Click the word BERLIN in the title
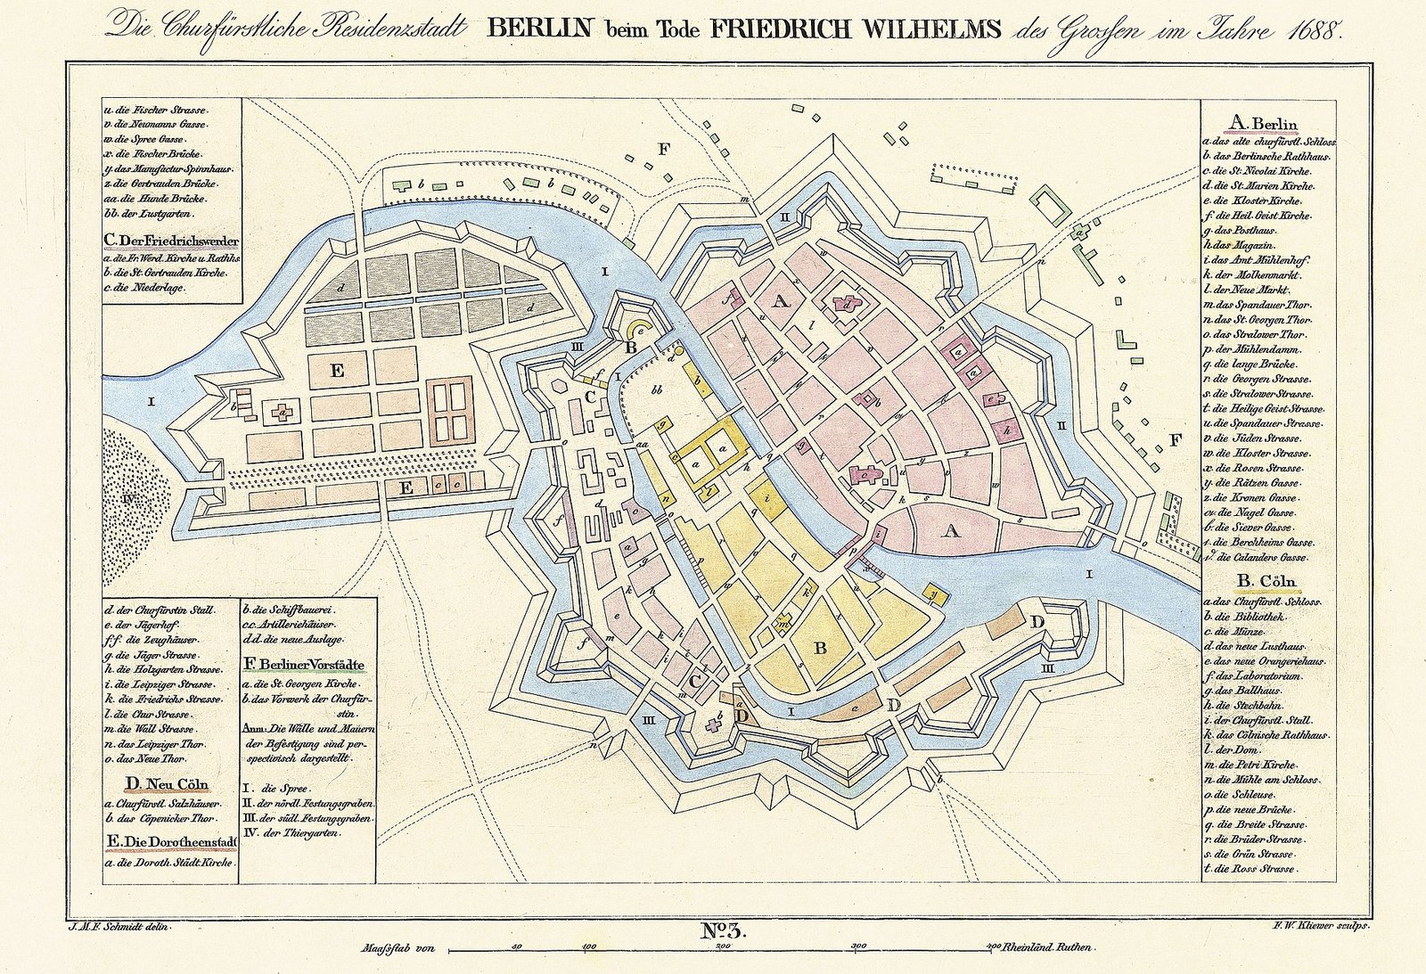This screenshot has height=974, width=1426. coord(539,29)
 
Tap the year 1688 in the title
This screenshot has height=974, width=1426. coord(1315,30)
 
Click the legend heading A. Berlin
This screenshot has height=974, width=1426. coord(1264,124)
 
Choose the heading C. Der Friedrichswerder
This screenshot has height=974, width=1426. coord(170,241)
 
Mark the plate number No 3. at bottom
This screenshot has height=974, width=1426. coord(722,932)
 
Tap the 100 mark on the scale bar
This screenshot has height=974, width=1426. coord(589,946)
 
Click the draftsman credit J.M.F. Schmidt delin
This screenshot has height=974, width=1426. coord(119,927)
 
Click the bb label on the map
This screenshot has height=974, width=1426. coord(658,390)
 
